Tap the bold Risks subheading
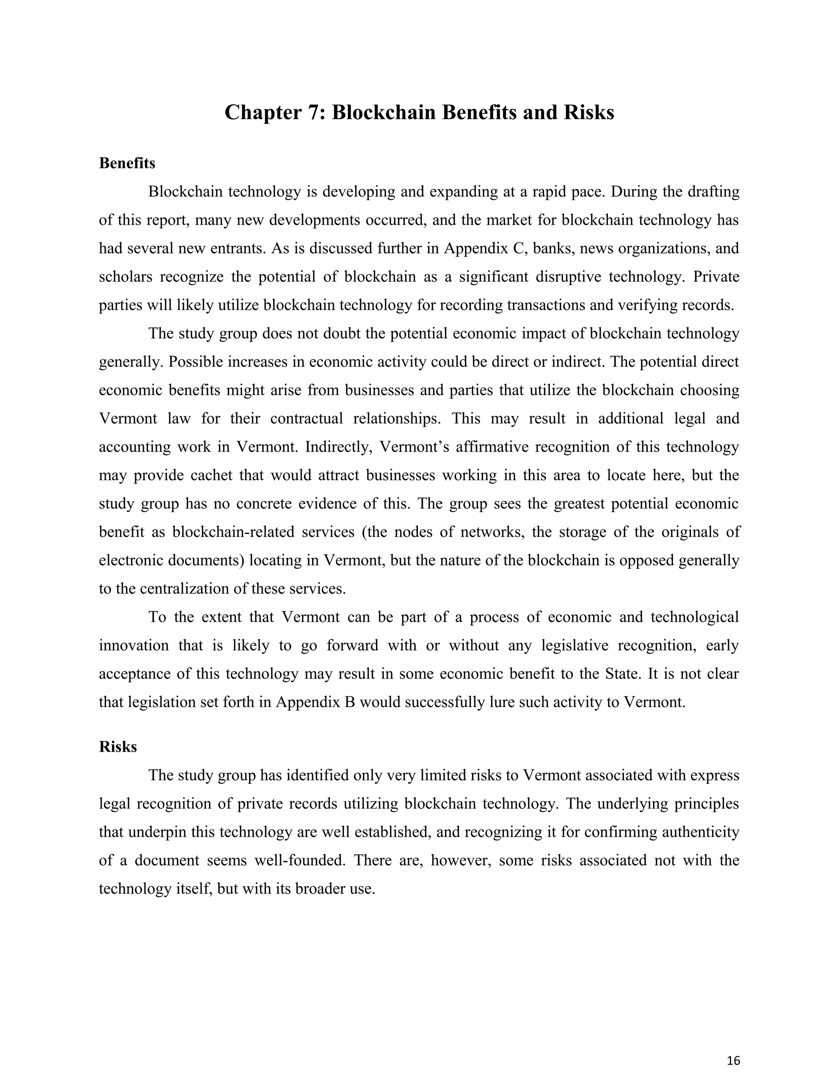[118, 747]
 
